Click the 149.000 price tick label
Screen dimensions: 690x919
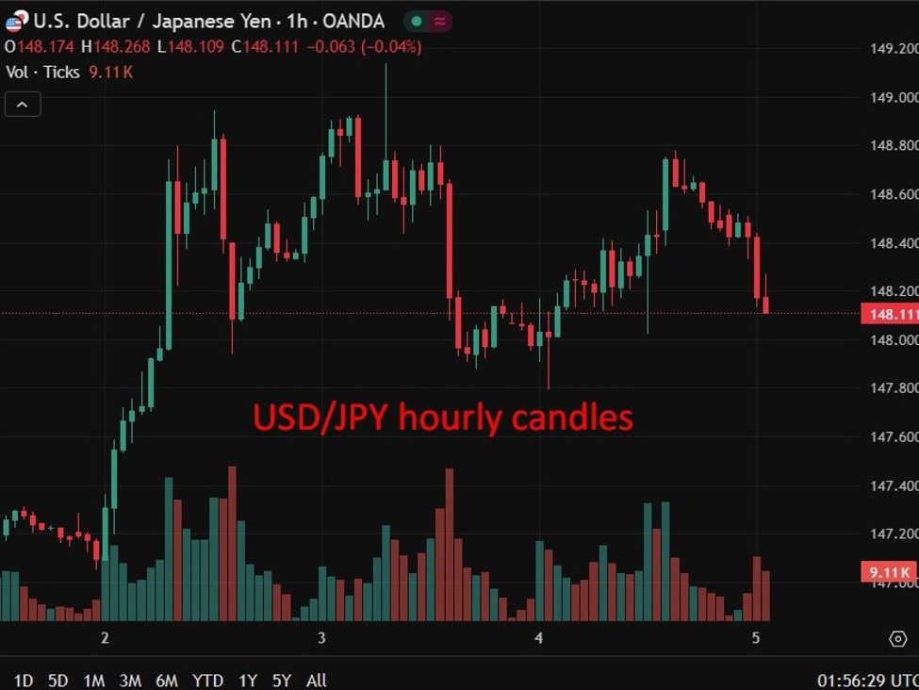click(x=892, y=97)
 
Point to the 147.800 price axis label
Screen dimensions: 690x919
click(x=892, y=387)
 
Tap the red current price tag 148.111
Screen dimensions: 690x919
click(x=889, y=314)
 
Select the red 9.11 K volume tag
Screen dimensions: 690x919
click(x=889, y=572)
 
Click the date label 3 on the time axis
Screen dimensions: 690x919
click(x=321, y=638)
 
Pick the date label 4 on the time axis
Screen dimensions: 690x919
click(x=538, y=638)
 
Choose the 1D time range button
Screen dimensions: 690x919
click(x=24, y=680)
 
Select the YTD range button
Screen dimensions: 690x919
click(x=207, y=680)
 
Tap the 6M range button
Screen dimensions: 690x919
click(x=167, y=680)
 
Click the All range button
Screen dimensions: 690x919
click(x=317, y=680)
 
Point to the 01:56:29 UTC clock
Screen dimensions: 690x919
click(x=866, y=680)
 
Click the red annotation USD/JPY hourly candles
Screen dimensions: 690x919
click(x=442, y=417)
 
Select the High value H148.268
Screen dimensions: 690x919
click(x=115, y=46)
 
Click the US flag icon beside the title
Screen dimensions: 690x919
click(x=14, y=22)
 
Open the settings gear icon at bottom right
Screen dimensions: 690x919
click(x=897, y=639)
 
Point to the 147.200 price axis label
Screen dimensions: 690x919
click(x=892, y=534)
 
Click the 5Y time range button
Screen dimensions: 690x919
click(x=282, y=680)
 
